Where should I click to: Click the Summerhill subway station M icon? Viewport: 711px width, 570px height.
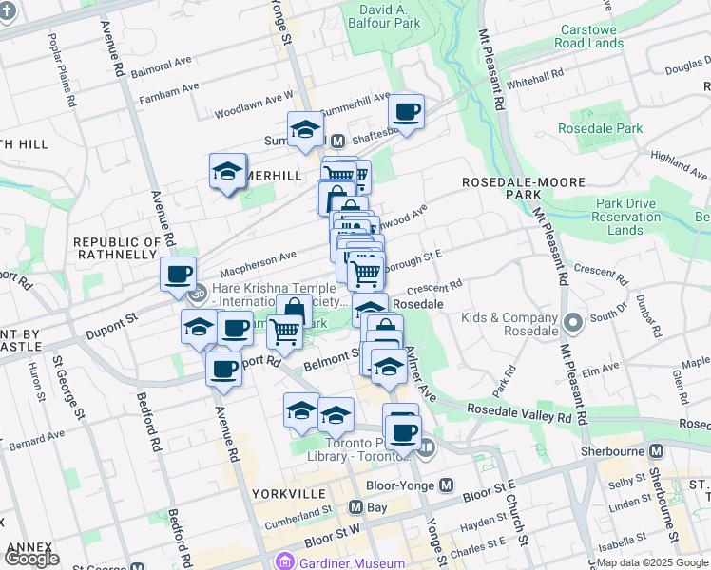[324, 141]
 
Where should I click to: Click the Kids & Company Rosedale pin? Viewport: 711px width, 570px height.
[572, 322]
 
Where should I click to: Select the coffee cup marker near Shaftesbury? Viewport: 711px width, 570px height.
[407, 112]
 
